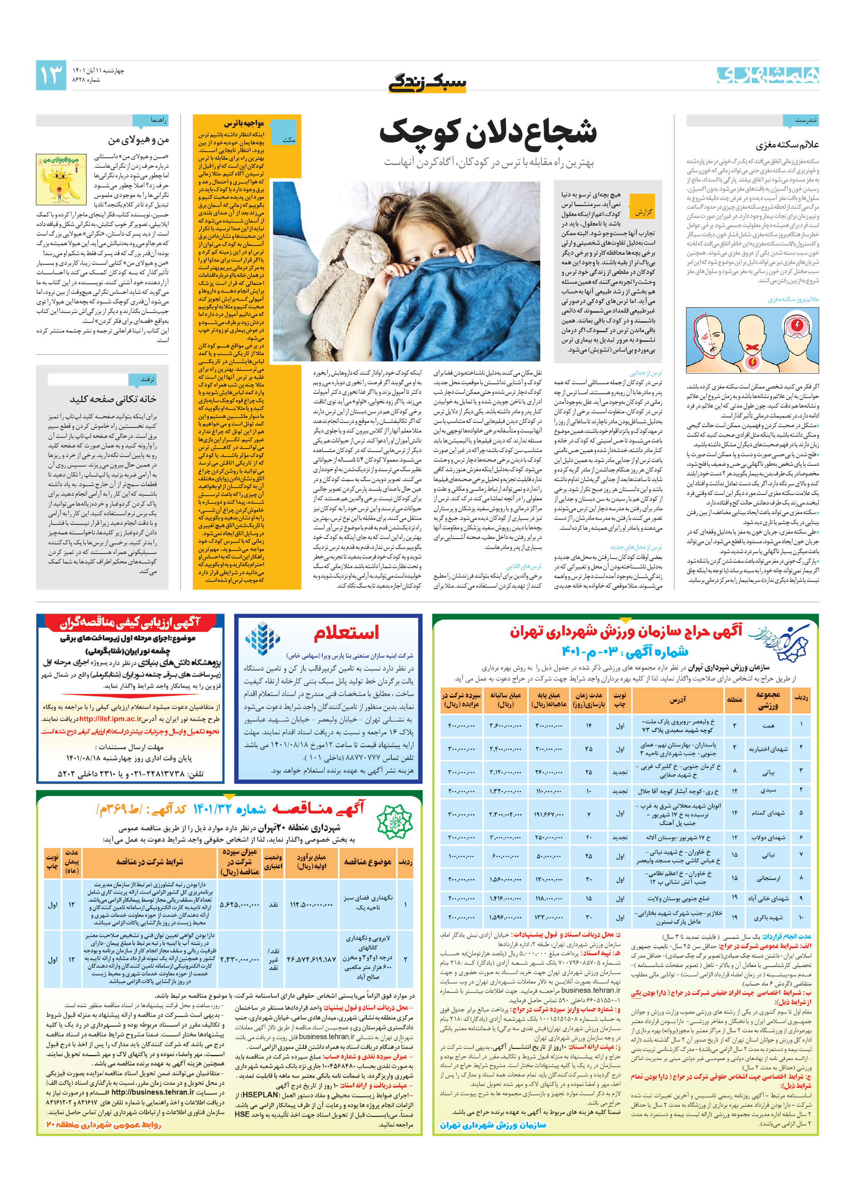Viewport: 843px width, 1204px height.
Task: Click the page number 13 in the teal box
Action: pyautogui.click(x=51, y=75)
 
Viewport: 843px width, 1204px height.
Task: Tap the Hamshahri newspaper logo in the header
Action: pyautogui.click(x=767, y=75)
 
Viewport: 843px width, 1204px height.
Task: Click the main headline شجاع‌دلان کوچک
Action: pyautogui.click(x=488, y=132)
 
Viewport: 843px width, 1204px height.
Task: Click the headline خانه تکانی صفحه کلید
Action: pyautogui.click(x=113, y=399)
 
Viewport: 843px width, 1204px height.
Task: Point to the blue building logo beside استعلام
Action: pyautogui.click(x=263, y=639)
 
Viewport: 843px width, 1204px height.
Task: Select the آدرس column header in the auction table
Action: pyautogui.click(x=677, y=700)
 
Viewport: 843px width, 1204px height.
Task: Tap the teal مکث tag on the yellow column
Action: pyautogui.click(x=288, y=139)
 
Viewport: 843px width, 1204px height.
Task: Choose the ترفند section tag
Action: pyautogui.click(x=148, y=379)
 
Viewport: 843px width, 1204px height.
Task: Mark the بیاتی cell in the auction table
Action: pyautogui.click(x=768, y=772)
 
